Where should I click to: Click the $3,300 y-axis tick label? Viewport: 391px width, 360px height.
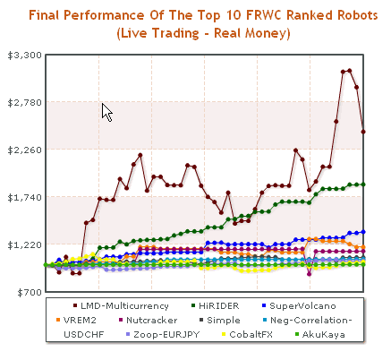(19, 56)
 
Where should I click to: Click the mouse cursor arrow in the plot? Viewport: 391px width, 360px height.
(106, 111)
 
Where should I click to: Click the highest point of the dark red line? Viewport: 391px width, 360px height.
(349, 71)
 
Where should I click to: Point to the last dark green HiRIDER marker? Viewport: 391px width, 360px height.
(362, 184)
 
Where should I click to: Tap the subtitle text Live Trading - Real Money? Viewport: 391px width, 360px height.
(204, 33)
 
